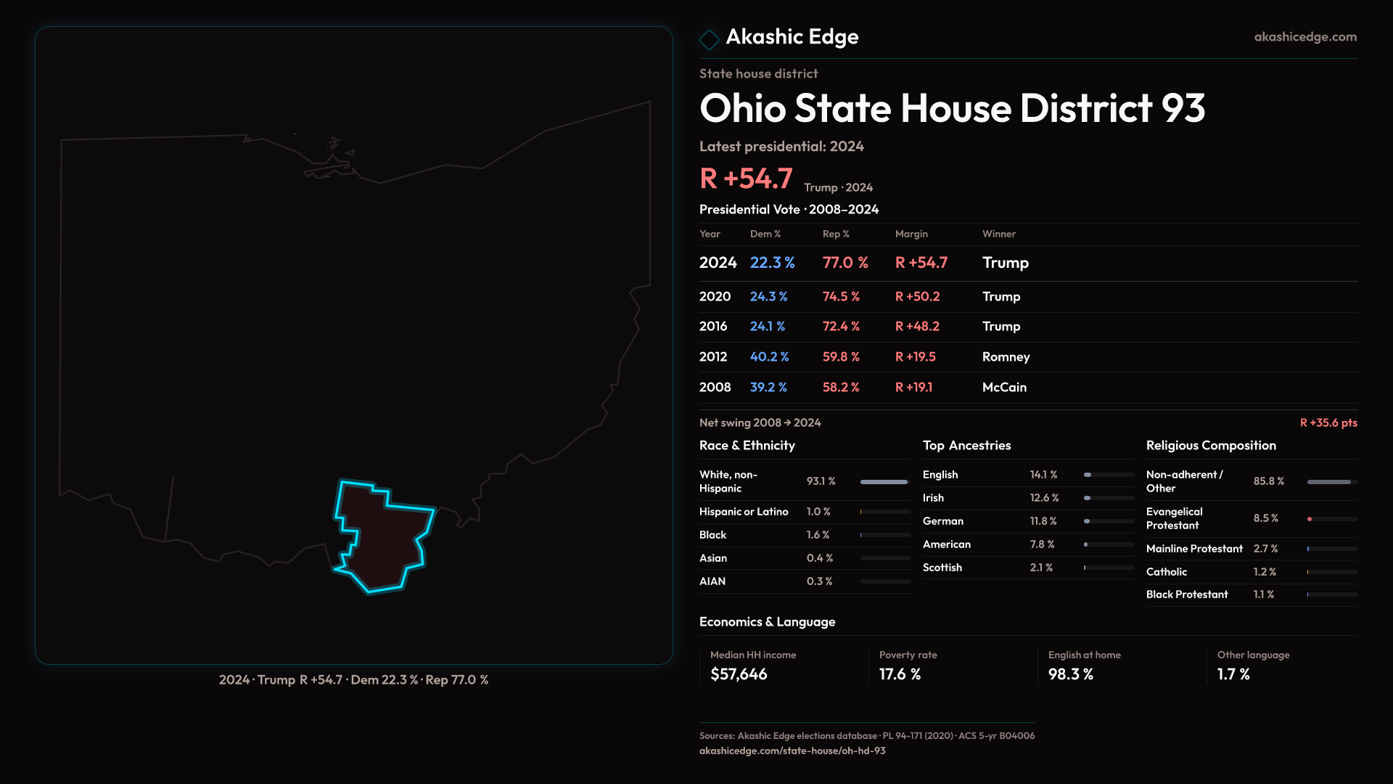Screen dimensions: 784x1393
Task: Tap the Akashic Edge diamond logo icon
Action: click(x=709, y=38)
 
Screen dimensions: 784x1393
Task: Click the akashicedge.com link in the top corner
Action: click(x=1305, y=36)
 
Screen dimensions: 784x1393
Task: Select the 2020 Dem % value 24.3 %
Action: click(x=768, y=296)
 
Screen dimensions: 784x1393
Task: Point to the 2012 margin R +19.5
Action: click(x=916, y=356)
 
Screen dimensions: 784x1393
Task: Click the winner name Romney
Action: click(x=1006, y=356)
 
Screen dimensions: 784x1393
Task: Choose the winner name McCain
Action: click(x=1004, y=387)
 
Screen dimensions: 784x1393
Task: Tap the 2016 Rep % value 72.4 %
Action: click(x=841, y=326)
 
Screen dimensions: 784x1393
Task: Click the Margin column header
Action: click(x=911, y=234)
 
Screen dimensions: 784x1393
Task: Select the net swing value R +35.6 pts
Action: click(x=1328, y=422)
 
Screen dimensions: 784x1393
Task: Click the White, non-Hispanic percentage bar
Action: click(x=884, y=481)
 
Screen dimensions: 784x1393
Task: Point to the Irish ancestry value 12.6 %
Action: click(x=1044, y=497)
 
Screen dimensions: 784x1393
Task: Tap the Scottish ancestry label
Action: click(x=942, y=567)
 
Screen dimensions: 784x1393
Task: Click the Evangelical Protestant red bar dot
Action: click(x=1310, y=519)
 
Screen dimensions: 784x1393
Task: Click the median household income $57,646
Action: click(x=739, y=674)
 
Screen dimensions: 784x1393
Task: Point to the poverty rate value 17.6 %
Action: click(x=900, y=674)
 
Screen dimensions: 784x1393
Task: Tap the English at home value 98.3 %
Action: click(x=1070, y=674)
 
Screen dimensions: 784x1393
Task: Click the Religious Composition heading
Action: click(x=1211, y=445)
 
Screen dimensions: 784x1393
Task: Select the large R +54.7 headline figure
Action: click(x=746, y=179)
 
